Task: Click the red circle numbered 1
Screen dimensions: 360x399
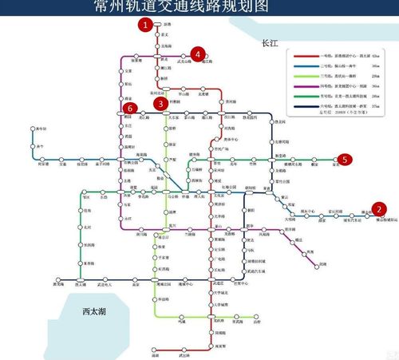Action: (x=144, y=25)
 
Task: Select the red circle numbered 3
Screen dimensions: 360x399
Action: (x=161, y=103)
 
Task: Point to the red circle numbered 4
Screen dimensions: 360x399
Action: (x=197, y=53)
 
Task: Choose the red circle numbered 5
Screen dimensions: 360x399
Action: (x=345, y=160)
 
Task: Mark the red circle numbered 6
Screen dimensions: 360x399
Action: (x=129, y=108)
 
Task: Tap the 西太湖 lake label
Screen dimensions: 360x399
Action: (x=82, y=313)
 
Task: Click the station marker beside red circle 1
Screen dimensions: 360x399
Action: (x=158, y=25)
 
